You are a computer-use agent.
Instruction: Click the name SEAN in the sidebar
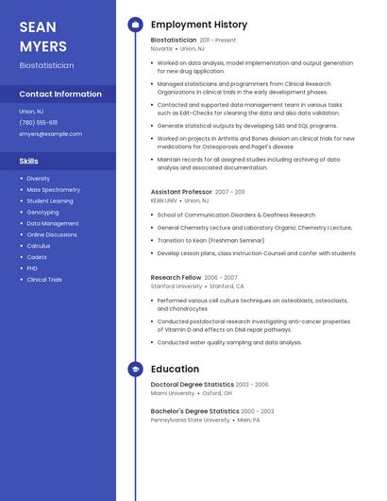(x=38, y=26)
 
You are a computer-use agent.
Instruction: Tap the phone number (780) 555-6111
(x=38, y=122)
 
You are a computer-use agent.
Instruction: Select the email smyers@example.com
(x=50, y=134)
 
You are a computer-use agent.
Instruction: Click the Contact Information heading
(x=60, y=94)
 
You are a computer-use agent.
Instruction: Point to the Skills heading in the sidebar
(x=28, y=161)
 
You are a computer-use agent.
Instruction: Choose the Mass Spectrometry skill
(x=53, y=190)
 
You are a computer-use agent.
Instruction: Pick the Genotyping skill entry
(x=42, y=213)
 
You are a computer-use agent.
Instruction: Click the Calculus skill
(x=39, y=246)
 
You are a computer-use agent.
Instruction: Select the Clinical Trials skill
(x=44, y=280)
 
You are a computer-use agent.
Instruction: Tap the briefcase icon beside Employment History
(x=135, y=25)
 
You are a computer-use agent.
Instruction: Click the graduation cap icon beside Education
(x=135, y=370)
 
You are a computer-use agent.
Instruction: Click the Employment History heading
(x=199, y=25)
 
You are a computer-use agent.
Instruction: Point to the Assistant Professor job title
(x=181, y=192)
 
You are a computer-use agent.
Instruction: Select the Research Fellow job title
(x=176, y=278)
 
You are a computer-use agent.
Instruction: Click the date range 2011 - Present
(x=218, y=41)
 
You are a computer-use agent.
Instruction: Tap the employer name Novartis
(x=161, y=48)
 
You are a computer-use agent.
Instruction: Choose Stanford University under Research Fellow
(x=177, y=285)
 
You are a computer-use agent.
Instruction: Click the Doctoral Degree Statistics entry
(x=192, y=385)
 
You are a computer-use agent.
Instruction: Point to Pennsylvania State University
(x=191, y=420)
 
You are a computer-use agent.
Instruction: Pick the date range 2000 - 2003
(x=258, y=411)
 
